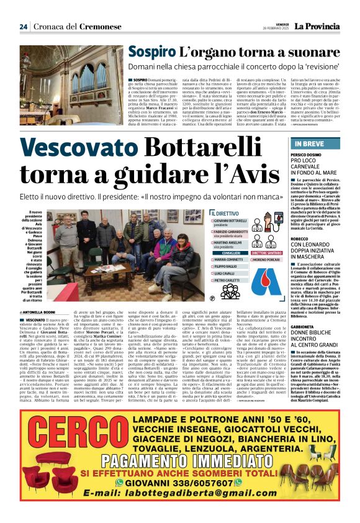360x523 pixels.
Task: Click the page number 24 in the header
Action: point(23,26)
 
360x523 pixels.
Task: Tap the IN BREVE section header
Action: point(305,144)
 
